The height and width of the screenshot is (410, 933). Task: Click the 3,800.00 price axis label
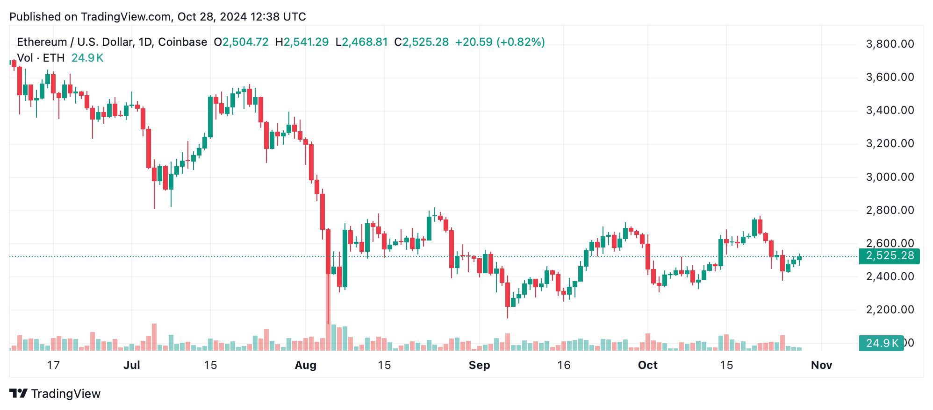coord(890,44)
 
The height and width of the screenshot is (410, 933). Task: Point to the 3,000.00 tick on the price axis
coord(890,177)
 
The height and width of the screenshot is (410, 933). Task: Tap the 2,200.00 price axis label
coord(890,310)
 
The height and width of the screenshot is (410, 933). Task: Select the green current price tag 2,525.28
coord(889,256)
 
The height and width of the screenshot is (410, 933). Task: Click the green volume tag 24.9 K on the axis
coord(882,343)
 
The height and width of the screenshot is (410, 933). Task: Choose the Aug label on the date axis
coord(305,365)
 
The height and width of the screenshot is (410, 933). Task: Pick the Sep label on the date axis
coord(479,365)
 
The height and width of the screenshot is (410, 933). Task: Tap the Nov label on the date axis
coord(821,365)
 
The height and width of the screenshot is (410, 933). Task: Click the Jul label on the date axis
coord(131,365)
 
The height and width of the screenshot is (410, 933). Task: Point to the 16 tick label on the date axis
coord(564,365)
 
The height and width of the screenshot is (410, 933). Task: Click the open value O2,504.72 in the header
coord(241,42)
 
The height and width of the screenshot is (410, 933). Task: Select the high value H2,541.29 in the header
coord(302,42)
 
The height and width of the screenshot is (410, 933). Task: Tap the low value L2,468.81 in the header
coord(362,42)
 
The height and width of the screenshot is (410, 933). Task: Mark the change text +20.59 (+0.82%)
coord(500,42)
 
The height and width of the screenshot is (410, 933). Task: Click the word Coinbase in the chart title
coord(182,42)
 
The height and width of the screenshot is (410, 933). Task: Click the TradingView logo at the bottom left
coord(55,394)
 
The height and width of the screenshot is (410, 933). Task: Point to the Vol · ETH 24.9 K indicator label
coord(60,58)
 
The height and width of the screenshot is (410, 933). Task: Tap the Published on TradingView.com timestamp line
coord(158,17)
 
